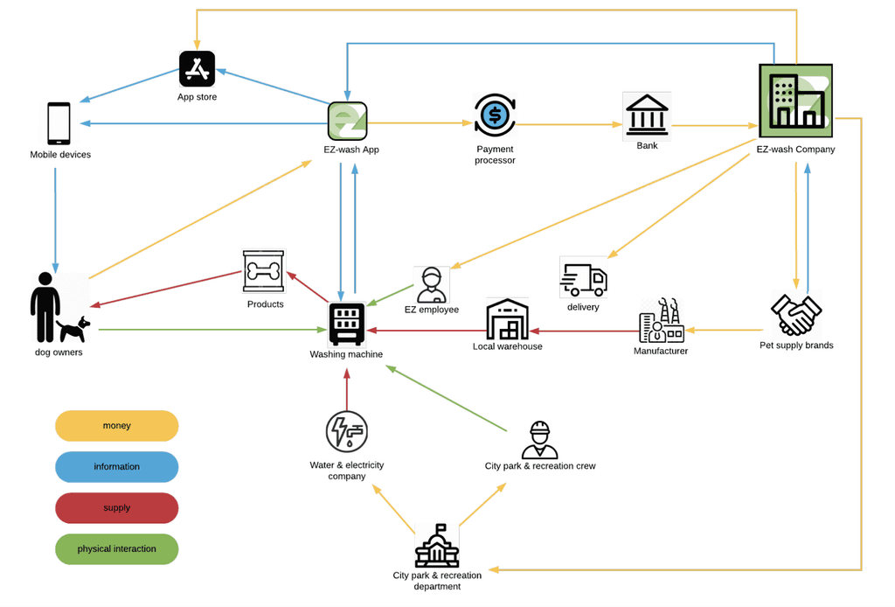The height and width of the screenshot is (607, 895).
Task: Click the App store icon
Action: pyautogui.click(x=197, y=68)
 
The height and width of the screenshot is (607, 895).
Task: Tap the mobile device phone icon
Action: pyautogui.click(x=59, y=123)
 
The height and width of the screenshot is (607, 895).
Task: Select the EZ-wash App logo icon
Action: pyautogui.click(x=347, y=121)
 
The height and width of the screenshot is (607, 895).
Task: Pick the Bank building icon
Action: pyautogui.click(x=647, y=115)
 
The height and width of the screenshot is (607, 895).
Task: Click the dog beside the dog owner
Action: pyautogui.click(x=74, y=328)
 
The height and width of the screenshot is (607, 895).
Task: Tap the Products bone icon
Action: pyautogui.click(x=263, y=271)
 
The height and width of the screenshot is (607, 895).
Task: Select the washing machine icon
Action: pyautogui.click(x=347, y=324)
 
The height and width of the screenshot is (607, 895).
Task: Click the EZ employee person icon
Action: pyautogui.click(x=431, y=284)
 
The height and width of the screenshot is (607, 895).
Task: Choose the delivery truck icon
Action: pyautogui.click(x=583, y=279)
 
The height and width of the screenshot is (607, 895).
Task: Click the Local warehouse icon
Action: pyautogui.click(x=508, y=319)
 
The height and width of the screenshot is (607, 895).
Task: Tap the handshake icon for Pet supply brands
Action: pyautogui.click(x=795, y=314)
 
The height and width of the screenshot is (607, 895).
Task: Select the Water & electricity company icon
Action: pyautogui.click(x=347, y=432)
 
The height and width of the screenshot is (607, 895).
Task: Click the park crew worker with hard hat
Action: pyautogui.click(x=539, y=439)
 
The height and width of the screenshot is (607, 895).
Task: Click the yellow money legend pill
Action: pyautogui.click(x=116, y=426)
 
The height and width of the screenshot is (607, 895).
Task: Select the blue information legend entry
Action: pyautogui.click(x=116, y=467)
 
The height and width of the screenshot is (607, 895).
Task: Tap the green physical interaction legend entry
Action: pyautogui.click(x=116, y=549)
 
